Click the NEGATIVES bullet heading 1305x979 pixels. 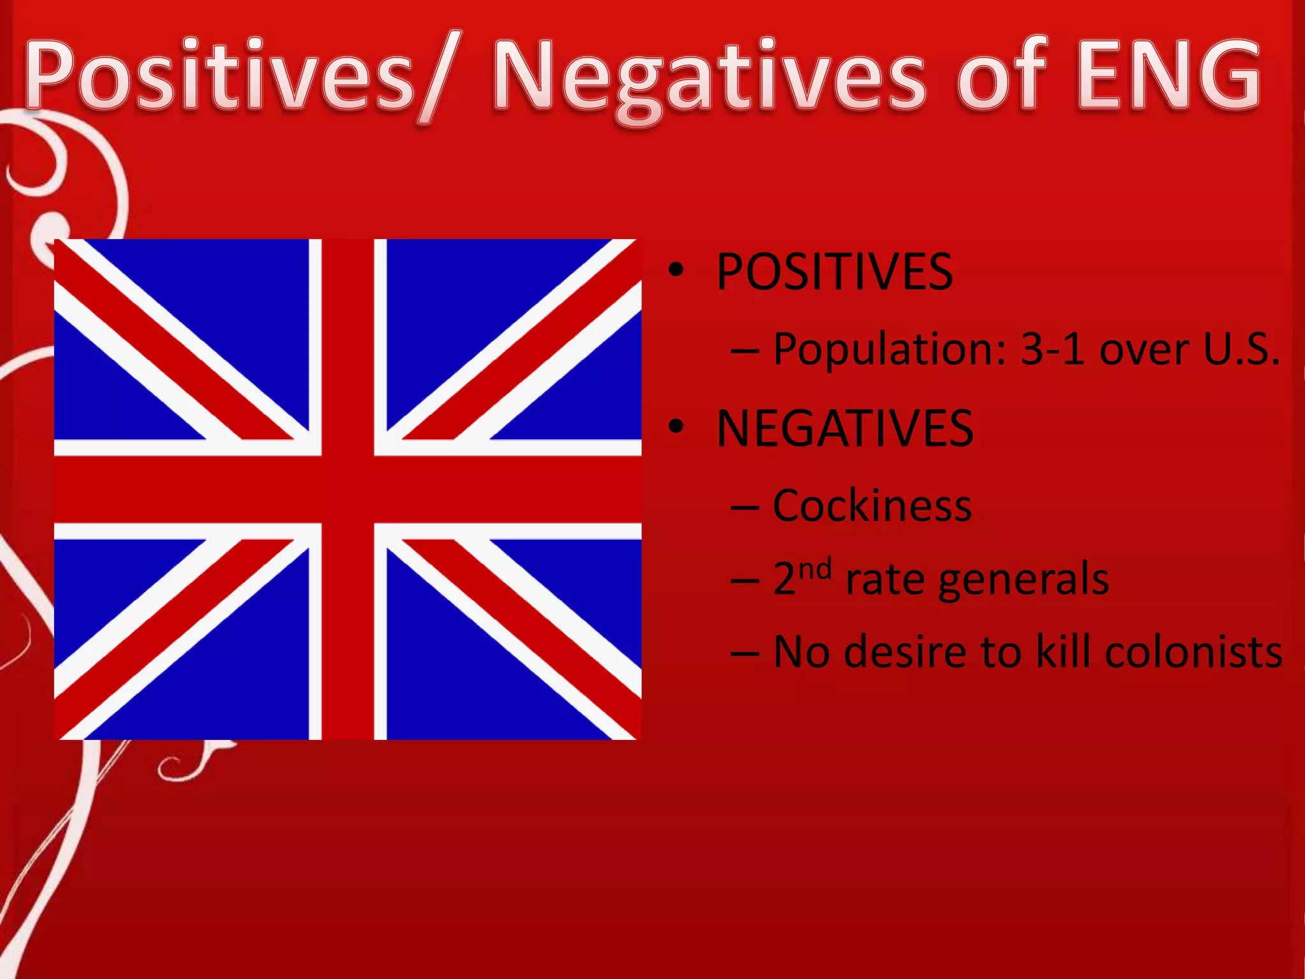845,428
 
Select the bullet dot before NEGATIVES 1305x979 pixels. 676,428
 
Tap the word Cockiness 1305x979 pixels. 872,505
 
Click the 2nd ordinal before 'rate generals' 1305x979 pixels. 802,576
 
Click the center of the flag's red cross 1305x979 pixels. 348,489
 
